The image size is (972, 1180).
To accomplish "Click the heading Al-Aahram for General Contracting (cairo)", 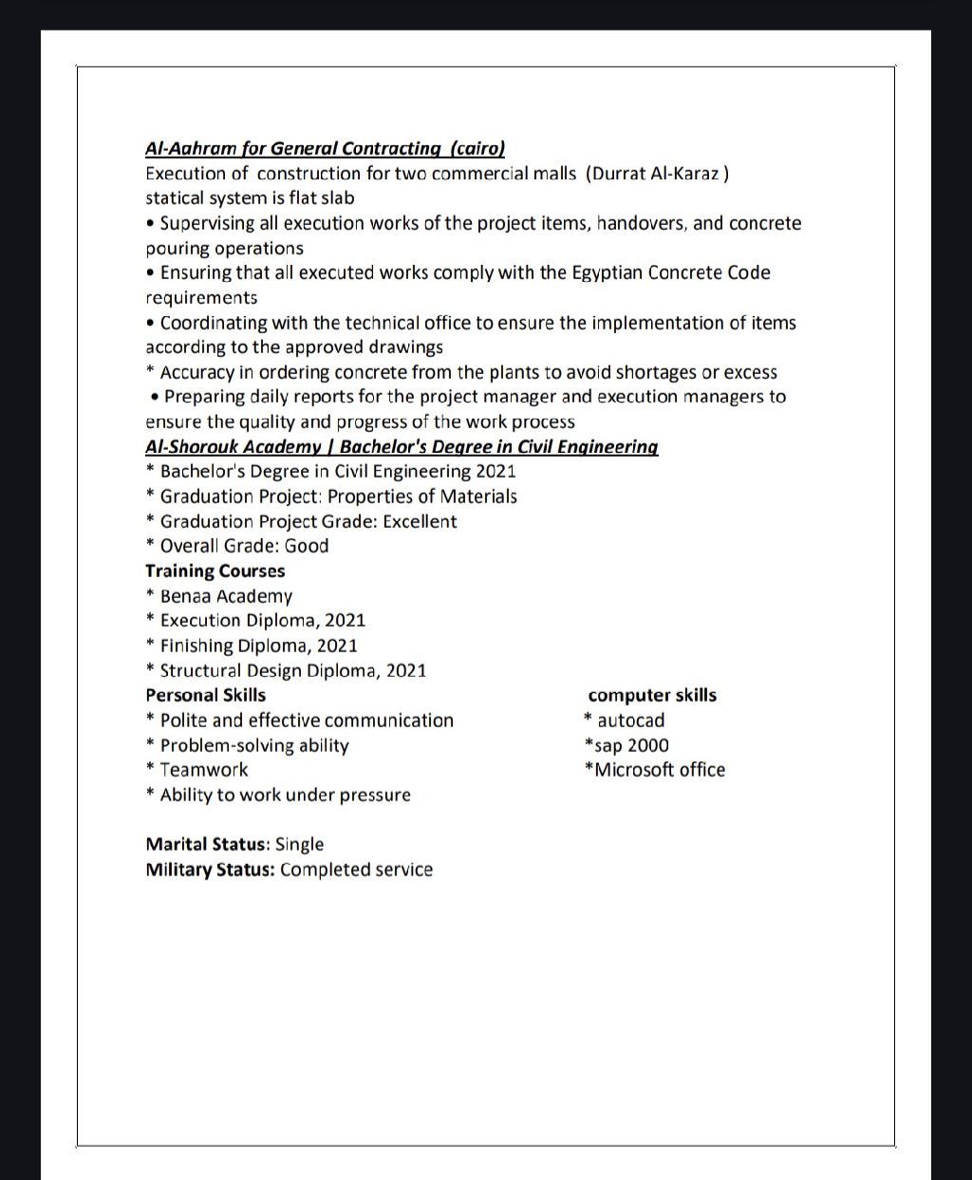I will (325, 148).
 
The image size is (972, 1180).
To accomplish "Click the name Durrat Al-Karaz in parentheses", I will (657, 174).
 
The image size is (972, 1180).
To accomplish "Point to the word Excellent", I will (420, 521).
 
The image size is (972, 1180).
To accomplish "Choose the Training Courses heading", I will (215, 571).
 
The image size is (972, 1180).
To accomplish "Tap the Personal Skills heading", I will (206, 695).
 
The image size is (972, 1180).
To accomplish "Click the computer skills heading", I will (652, 696).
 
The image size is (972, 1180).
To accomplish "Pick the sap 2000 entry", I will (630, 745).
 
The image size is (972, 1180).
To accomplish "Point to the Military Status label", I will (210, 870).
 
